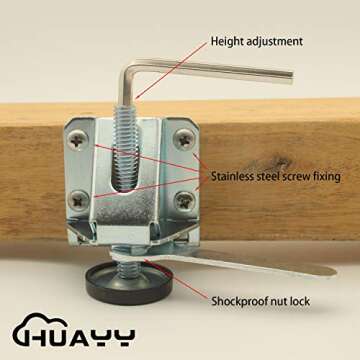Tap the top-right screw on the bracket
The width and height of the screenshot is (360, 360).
182,140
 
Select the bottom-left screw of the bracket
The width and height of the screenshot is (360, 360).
77,199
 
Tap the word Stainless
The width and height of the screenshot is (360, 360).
235,176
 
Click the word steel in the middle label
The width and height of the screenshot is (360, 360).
275,176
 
